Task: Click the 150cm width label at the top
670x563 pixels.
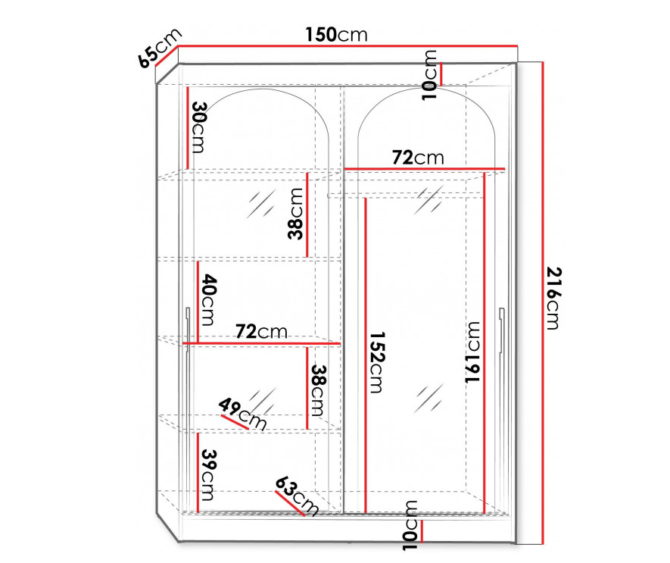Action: [x=336, y=35]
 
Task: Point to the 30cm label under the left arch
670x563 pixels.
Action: [x=199, y=127]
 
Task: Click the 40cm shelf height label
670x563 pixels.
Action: [x=208, y=301]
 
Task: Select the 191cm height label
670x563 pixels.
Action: [x=473, y=351]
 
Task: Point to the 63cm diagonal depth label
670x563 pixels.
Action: [x=297, y=495]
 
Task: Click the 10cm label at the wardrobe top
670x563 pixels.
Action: [x=430, y=74]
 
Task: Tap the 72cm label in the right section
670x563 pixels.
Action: [x=417, y=157]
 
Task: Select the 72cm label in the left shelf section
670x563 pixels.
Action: [x=261, y=331]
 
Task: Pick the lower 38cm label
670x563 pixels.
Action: [x=319, y=389]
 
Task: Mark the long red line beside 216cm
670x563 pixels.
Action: [x=543, y=302]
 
